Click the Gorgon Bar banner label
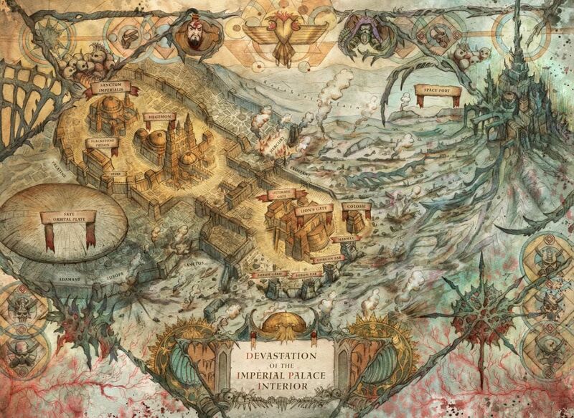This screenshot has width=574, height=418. (x=326, y=257)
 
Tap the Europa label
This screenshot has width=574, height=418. (x=116, y=274)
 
